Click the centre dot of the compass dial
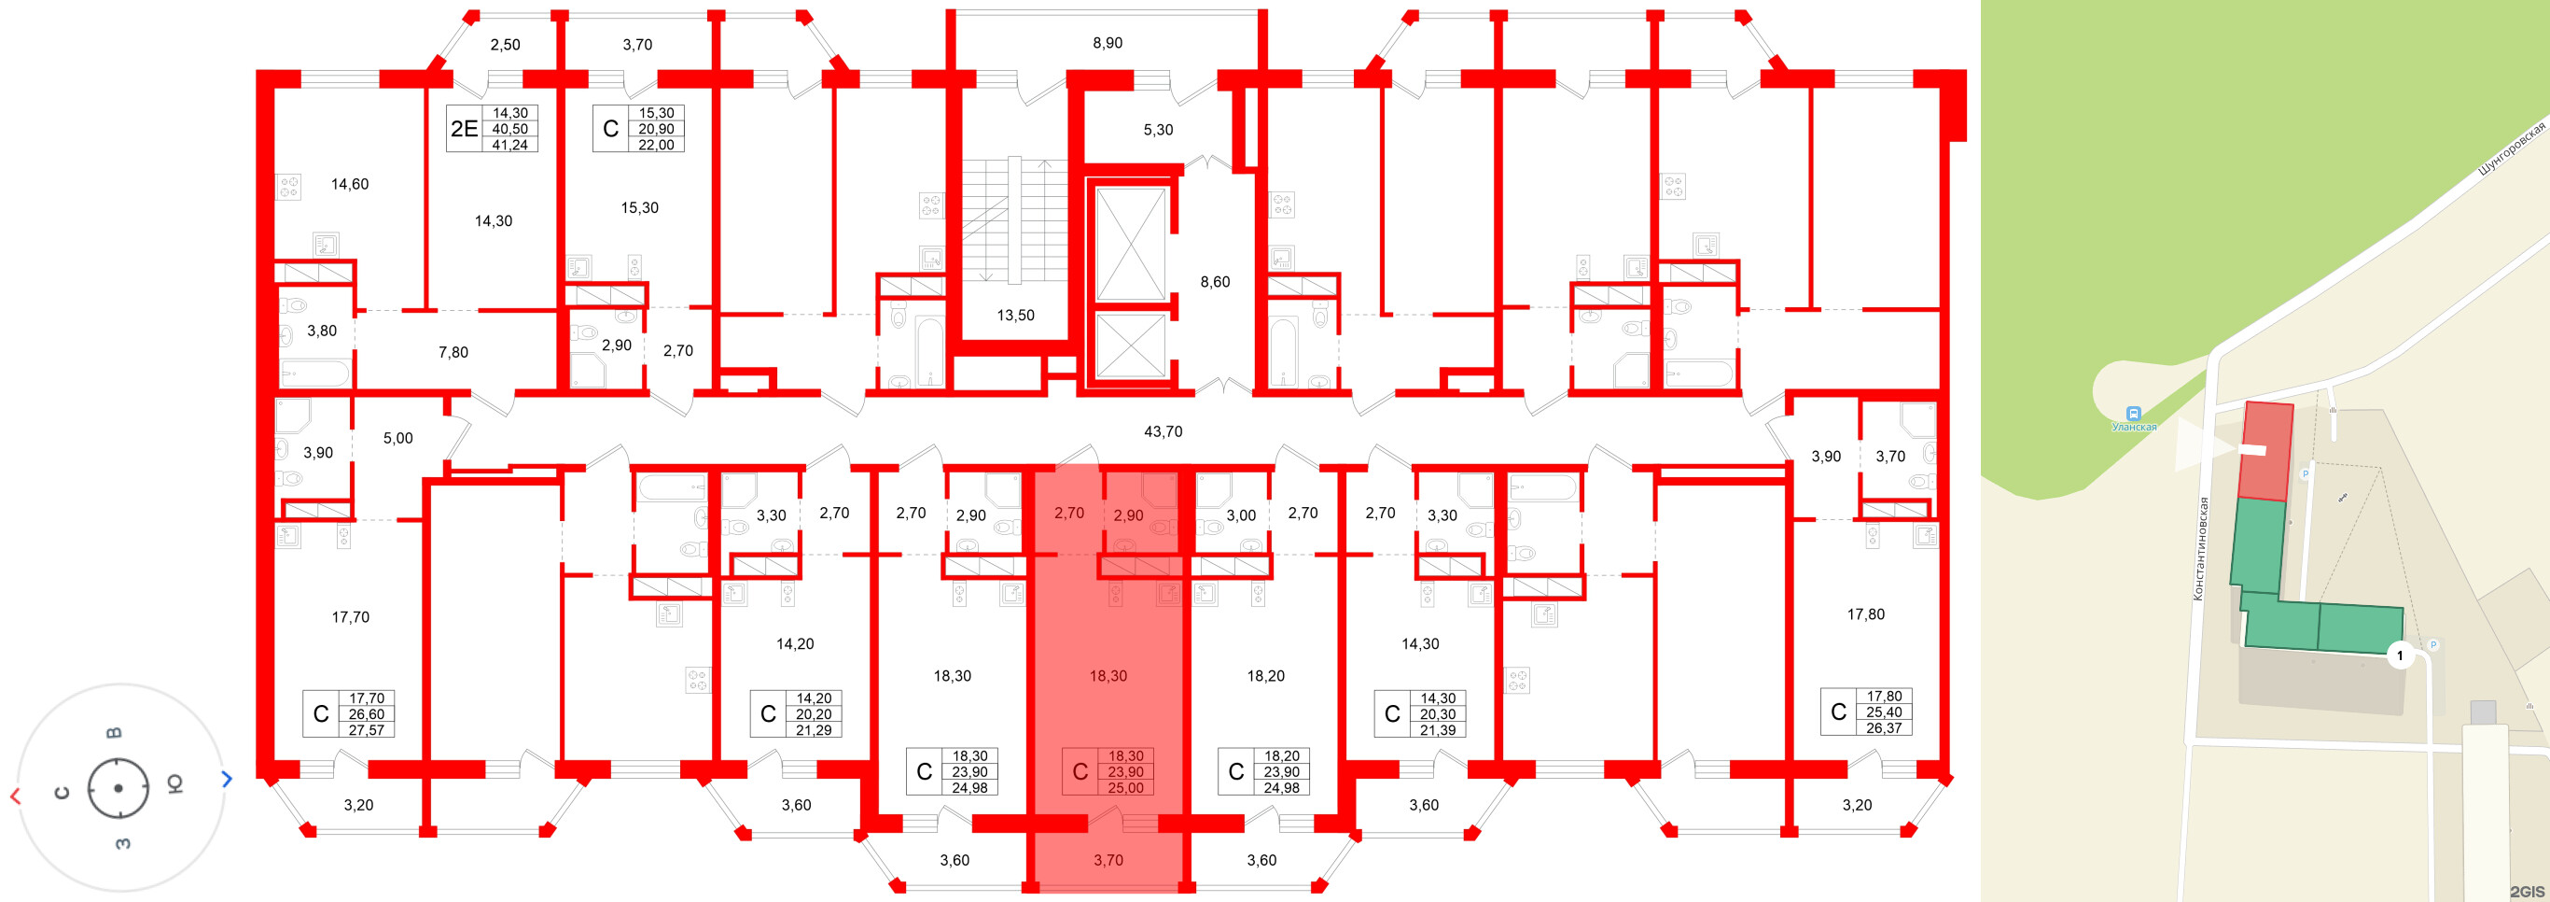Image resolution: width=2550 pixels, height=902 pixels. [x=118, y=788]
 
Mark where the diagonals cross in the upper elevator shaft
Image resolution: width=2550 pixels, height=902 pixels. [x=1131, y=245]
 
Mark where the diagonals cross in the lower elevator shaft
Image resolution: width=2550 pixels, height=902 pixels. [x=1131, y=345]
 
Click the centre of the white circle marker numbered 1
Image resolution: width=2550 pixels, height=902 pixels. [x=2400, y=655]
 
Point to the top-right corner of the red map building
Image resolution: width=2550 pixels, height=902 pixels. [x=2293, y=405]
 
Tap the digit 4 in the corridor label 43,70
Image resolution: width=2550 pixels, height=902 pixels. [x=1149, y=431]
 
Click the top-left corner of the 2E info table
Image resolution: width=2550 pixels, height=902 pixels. [x=446, y=105]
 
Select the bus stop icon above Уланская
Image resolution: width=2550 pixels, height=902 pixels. [x=2134, y=413]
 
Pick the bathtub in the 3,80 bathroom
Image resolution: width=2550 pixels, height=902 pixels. [x=314, y=373]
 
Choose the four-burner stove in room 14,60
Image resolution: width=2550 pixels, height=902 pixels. [x=288, y=187]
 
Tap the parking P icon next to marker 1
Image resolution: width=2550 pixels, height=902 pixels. [x=2433, y=644]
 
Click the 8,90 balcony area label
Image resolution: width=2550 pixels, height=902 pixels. [x=1108, y=43]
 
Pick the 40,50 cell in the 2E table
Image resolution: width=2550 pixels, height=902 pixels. [x=509, y=129]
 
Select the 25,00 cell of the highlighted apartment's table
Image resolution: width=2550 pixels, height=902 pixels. [x=1125, y=788]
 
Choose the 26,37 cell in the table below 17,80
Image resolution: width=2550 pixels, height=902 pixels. [x=1884, y=727]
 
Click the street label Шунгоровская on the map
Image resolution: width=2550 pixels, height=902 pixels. [x=2512, y=148]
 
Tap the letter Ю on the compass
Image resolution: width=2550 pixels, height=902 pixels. [x=174, y=784]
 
